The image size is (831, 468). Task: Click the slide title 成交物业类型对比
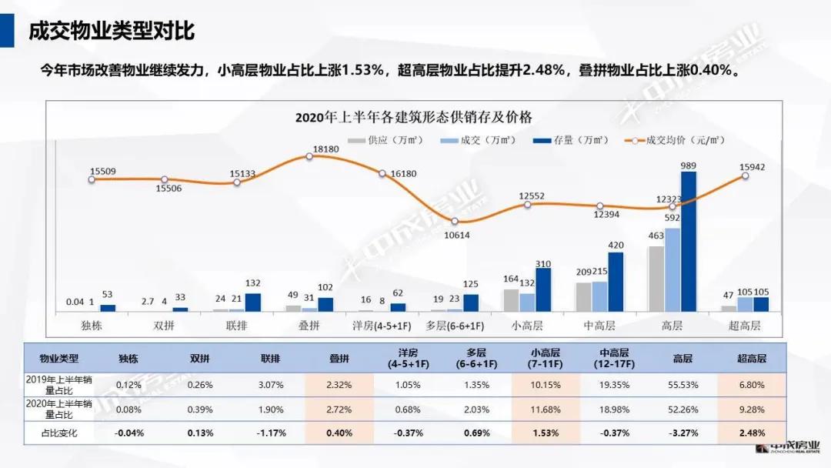pyautogui.click(x=111, y=31)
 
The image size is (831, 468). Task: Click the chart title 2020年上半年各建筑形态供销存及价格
pyautogui.click(x=413, y=117)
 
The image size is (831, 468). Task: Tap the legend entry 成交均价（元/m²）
pyautogui.click(x=677, y=141)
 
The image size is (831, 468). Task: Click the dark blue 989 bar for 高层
pyautogui.click(x=689, y=241)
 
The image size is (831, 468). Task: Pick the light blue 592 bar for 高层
pyautogui.click(x=672, y=269)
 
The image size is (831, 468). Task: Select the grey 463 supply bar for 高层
pyautogui.click(x=656, y=279)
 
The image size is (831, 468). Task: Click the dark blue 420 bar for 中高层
pyautogui.click(x=616, y=282)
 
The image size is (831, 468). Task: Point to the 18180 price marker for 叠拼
pyautogui.click(x=309, y=156)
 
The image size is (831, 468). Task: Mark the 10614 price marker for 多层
pyautogui.click(x=455, y=222)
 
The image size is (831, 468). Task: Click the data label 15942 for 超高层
pyautogui.click(x=751, y=166)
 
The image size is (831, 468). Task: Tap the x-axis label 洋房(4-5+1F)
pyautogui.click(x=382, y=326)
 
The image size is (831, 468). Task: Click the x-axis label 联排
pyautogui.click(x=237, y=326)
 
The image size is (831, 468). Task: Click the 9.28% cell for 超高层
pyautogui.click(x=751, y=408)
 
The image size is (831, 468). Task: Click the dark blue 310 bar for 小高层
pyautogui.click(x=543, y=289)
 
